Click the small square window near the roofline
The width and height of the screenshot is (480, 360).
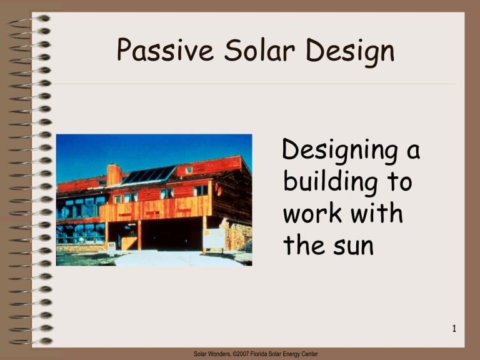[x=189, y=170]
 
